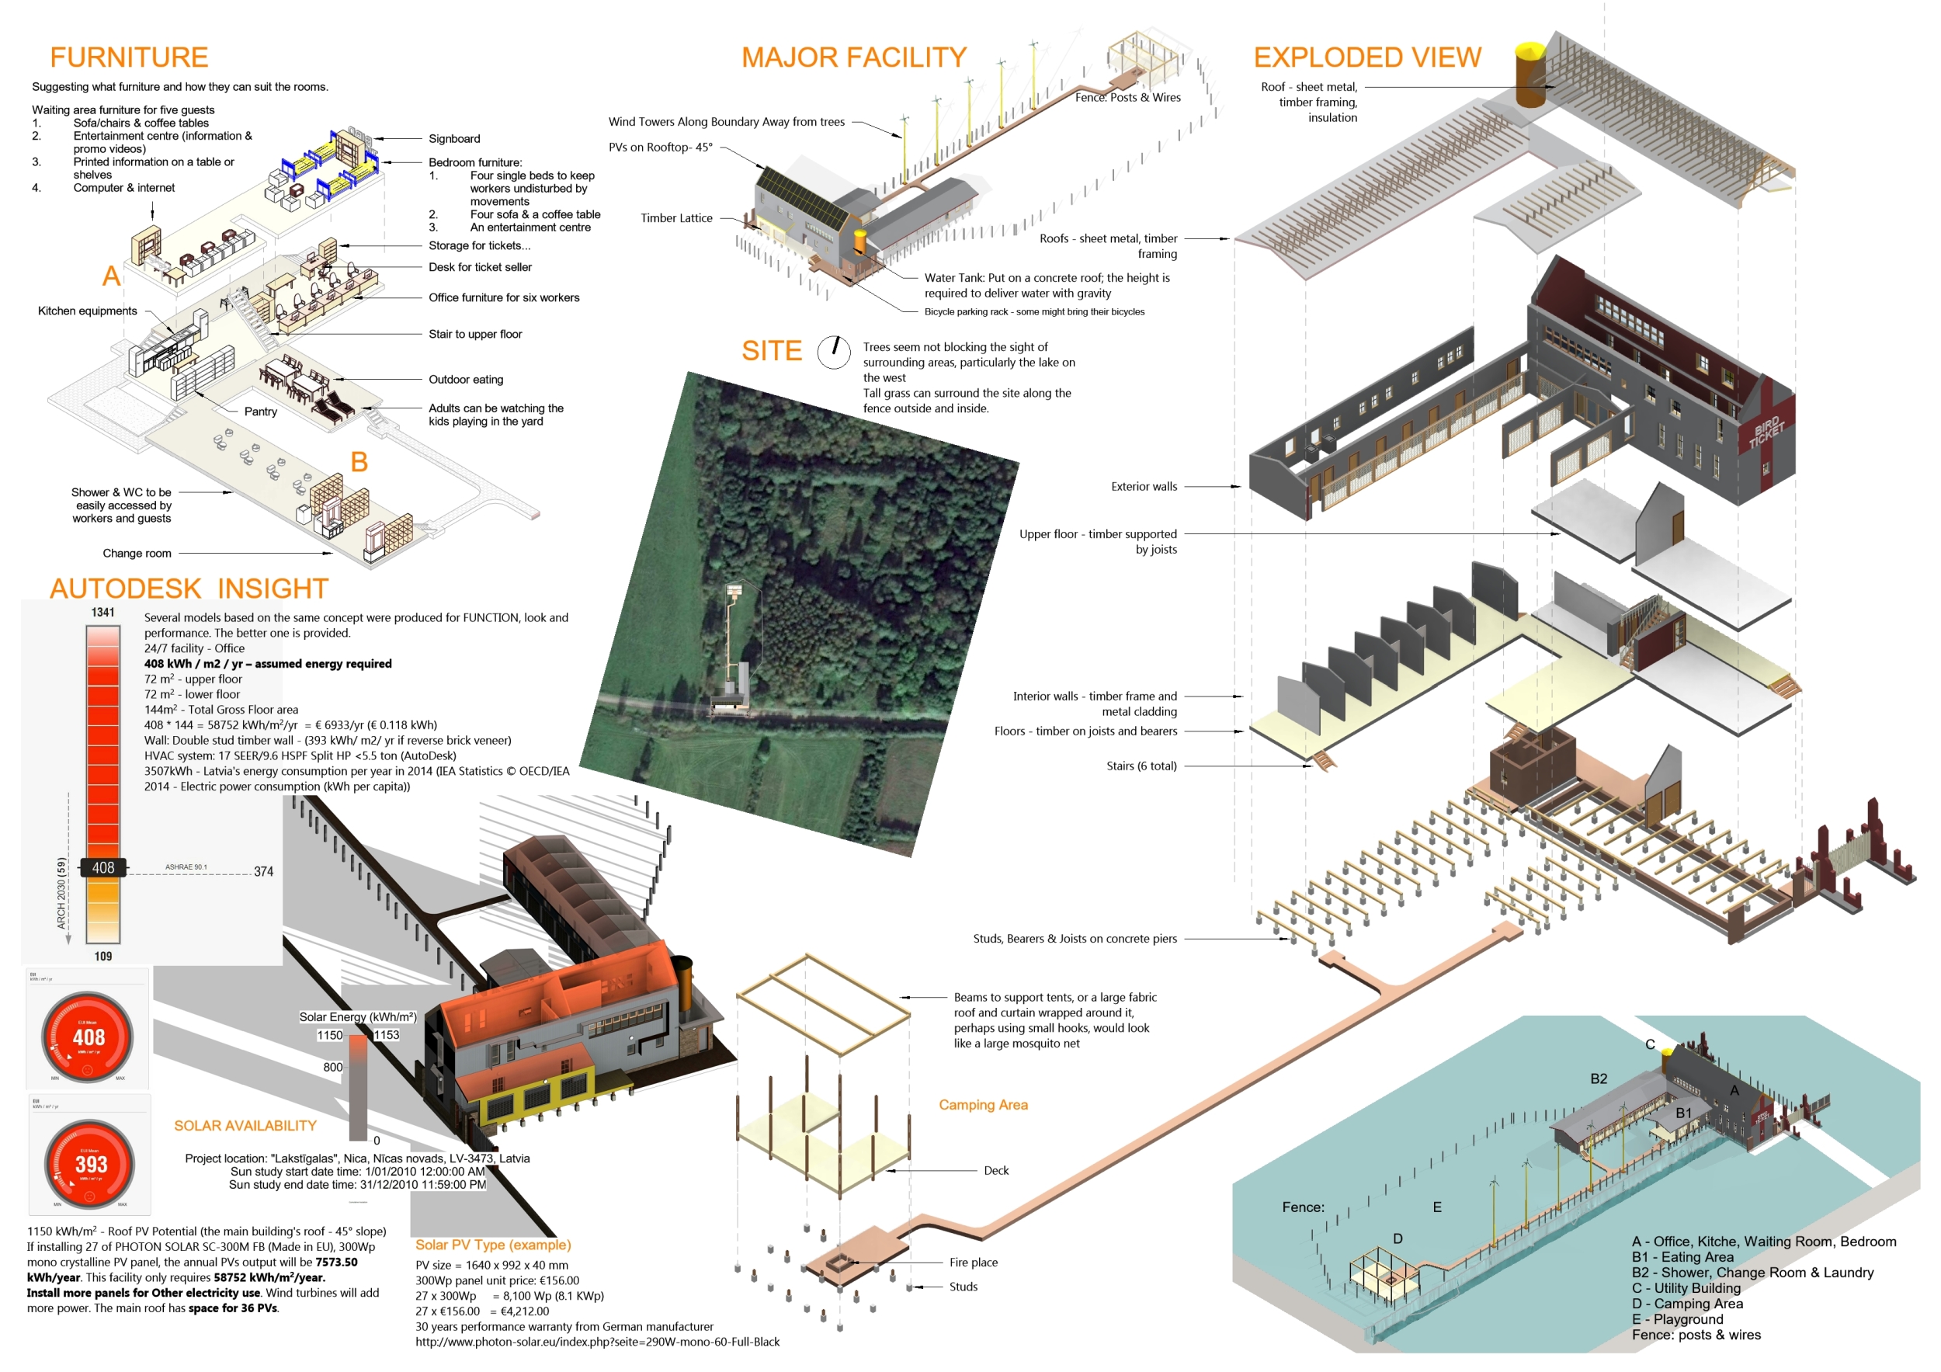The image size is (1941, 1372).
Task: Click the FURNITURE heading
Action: (129, 57)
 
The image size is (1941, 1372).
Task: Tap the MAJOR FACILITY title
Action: (854, 57)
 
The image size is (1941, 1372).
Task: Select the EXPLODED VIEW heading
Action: (1367, 57)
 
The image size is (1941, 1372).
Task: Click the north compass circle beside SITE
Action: (834, 352)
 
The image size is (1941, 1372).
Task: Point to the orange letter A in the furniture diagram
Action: (111, 276)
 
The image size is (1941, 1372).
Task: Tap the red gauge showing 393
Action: (89, 1164)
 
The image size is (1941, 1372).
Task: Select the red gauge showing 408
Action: (88, 1037)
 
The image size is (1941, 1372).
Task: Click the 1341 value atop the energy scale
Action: (103, 613)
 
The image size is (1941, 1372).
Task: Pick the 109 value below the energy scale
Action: (103, 956)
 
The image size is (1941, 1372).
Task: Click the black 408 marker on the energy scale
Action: (103, 867)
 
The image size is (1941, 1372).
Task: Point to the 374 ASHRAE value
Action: (264, 871)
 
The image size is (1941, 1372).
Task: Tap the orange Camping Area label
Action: (983, 1105)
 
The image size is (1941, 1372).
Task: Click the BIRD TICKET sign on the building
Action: (1766, 430)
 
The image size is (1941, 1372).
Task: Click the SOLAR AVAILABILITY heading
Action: (245, 1126)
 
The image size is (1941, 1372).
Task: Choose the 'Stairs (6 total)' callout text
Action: (1141, 766)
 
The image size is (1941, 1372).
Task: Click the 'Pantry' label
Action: (260, 412)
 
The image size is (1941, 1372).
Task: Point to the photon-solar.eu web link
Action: (597, 1342)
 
